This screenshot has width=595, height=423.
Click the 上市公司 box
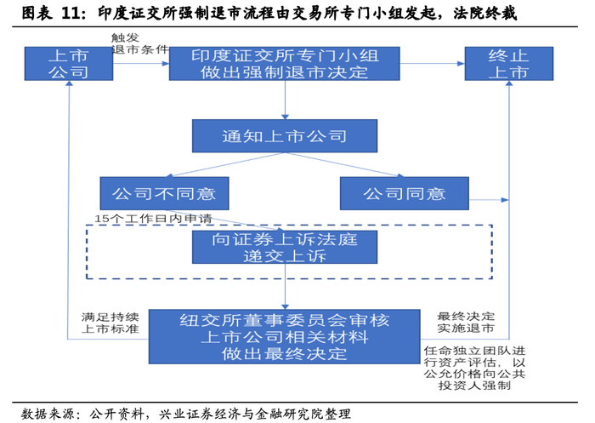[x=69, y=64]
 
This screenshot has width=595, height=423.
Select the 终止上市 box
[x=509, y=64]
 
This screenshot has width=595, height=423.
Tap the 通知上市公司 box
[x=285, y=136]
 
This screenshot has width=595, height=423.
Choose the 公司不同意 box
[x=164, y=193]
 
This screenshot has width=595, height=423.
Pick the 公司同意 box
[x=405, y=193]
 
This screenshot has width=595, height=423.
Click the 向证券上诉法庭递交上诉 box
[x=285, y=247]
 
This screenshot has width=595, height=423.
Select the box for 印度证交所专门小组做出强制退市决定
[x=285, y=64]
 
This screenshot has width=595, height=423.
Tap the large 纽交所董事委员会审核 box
[x=285, y=337]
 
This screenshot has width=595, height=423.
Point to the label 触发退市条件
[x=139, y=43]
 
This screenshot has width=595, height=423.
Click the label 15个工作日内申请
[x=153, y=219]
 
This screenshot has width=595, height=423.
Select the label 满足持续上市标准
[x=110, y=323]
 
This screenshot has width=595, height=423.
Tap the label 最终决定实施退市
[x=466, y=322]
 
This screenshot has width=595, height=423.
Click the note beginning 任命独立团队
[x=474, y=368]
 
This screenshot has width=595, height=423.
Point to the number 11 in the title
[x=71, y=14]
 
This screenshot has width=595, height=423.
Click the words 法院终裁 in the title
[x=485, y=14]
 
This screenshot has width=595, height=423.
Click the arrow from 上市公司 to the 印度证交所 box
[x=141, y=64]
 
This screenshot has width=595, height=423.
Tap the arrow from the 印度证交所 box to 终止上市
[x=433, y=64]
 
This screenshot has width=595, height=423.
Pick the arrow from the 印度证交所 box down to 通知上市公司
[x=285, y=100]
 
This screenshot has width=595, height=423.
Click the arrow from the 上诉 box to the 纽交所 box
[x=285, y=287]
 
